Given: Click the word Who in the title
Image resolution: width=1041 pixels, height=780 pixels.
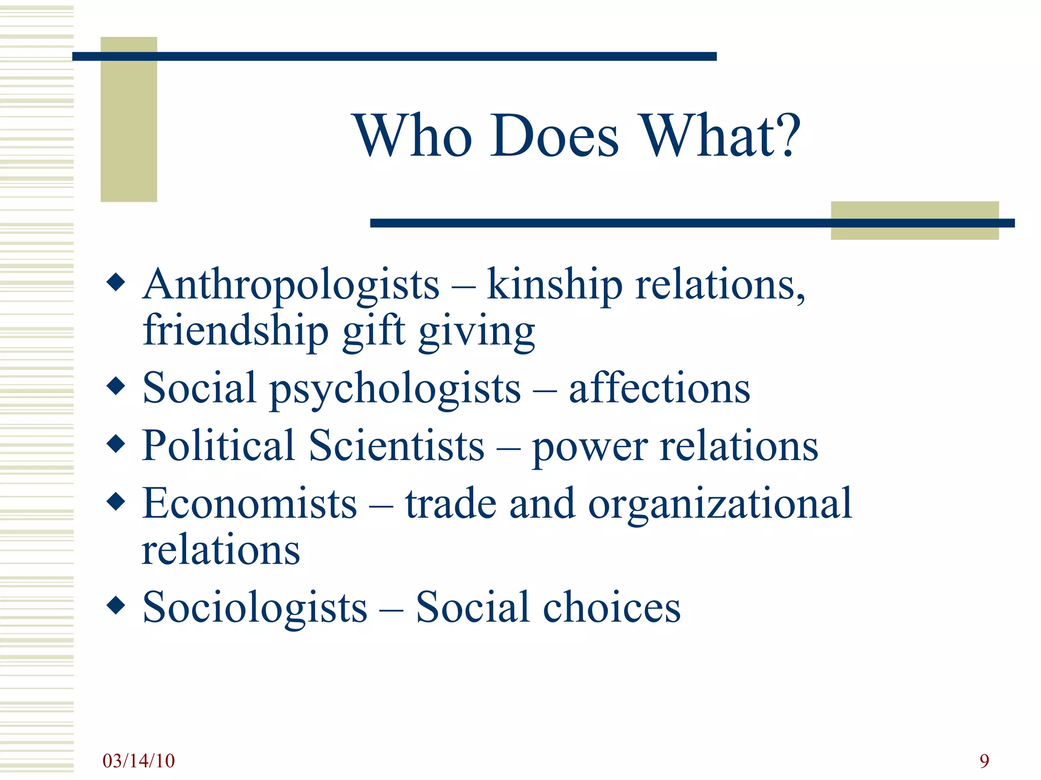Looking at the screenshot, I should [413, 136].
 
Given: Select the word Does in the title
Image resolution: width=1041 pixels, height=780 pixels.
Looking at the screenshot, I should [555, 136].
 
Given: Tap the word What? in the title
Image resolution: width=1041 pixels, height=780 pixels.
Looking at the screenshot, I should [720, 136].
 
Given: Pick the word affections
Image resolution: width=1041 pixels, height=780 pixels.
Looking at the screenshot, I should [659, 389].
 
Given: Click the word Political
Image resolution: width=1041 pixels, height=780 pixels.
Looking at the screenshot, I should [219, 445].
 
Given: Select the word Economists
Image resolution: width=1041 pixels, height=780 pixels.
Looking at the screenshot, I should [250, 503].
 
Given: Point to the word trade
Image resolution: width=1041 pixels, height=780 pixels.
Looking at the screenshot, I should [451, 503].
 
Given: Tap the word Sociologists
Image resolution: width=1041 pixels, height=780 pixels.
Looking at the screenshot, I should [255, 607].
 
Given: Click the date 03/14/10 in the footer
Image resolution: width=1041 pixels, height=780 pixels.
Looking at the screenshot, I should [138, 761].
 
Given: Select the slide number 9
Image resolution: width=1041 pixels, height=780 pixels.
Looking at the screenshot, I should [984, 761].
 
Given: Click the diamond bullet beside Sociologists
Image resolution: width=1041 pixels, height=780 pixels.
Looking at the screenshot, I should [116, 605].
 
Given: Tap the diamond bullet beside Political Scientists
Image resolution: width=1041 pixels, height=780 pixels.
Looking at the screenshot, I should [116, 443].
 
